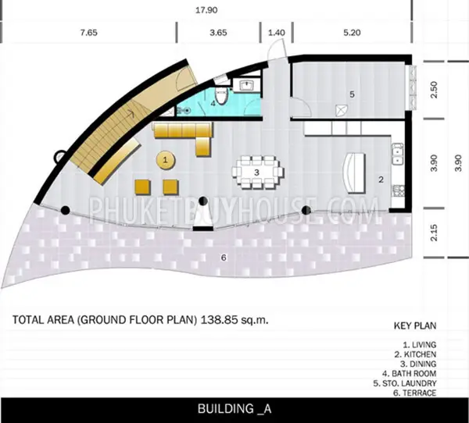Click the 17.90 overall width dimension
point(206,10)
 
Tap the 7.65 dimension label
point(89,32)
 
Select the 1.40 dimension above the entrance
point(277,32)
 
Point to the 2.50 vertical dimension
point(434,90)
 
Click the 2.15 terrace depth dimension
point(434,233)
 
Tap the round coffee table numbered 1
point(166,161)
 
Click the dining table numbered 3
point(257,172)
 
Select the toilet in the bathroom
point(221,94)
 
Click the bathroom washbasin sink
point(247,85)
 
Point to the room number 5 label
point(352,94)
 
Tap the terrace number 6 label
point(224,258)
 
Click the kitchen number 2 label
point(381,180)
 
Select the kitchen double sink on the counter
point(398,154)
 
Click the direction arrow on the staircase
point(131,114)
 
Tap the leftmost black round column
point(66,210)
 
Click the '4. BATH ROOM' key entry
point(409,373)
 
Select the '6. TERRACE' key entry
point(414,393)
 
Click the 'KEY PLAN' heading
point(415,325)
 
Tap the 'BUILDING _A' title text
point(234,409)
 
